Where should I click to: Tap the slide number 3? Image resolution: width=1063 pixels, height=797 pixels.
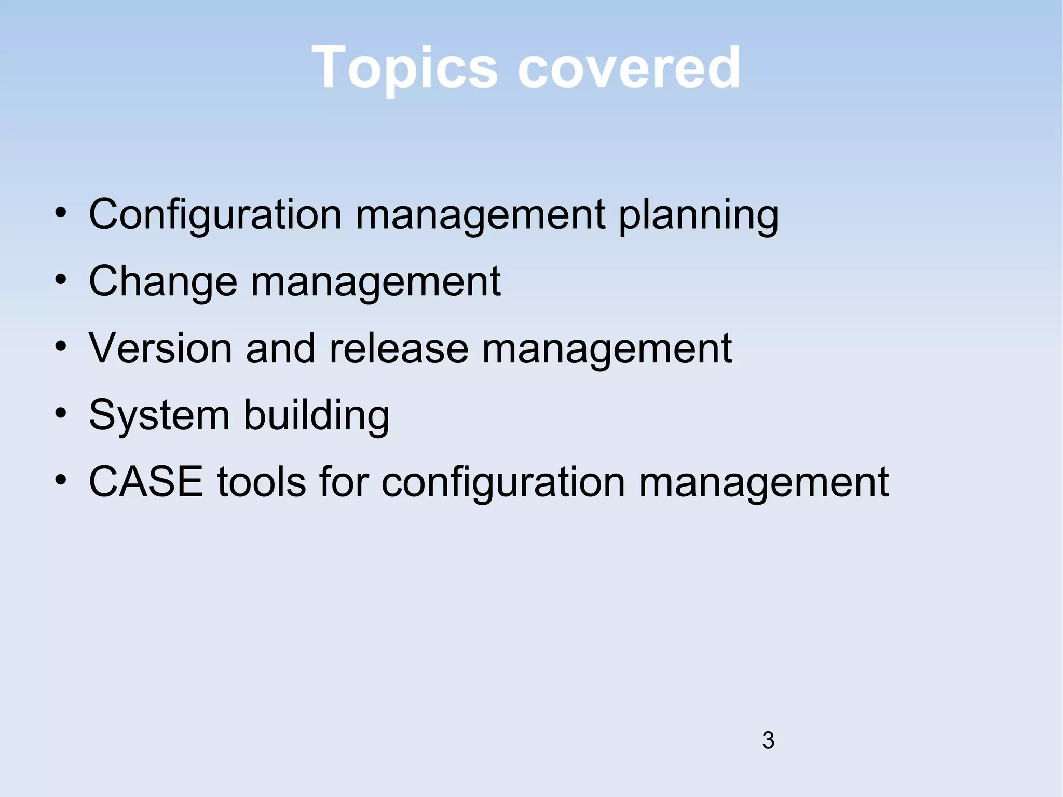tap(768, 740)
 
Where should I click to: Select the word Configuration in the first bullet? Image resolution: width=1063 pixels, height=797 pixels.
tap(215, 215)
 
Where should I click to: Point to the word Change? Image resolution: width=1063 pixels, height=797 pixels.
tap(163, 281)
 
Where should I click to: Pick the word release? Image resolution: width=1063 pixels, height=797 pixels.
tap(399, 348)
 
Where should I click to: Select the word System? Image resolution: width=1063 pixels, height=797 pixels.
tap(159, 416)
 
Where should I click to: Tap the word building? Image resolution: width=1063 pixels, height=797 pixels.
tap(316, 416)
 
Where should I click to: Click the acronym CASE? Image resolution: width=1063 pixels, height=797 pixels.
tap(146, 482)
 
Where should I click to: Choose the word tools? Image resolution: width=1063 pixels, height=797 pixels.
tap(261, 482)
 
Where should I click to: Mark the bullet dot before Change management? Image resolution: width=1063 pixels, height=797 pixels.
tap(61, 280)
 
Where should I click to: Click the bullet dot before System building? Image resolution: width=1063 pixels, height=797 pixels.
tap(61, 414)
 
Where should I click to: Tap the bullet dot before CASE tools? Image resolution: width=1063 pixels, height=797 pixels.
tap(61, 480)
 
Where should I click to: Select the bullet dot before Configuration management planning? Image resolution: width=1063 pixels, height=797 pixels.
tap(61, 213)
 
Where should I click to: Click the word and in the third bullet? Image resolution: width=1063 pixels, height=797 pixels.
tap(280, 348)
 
